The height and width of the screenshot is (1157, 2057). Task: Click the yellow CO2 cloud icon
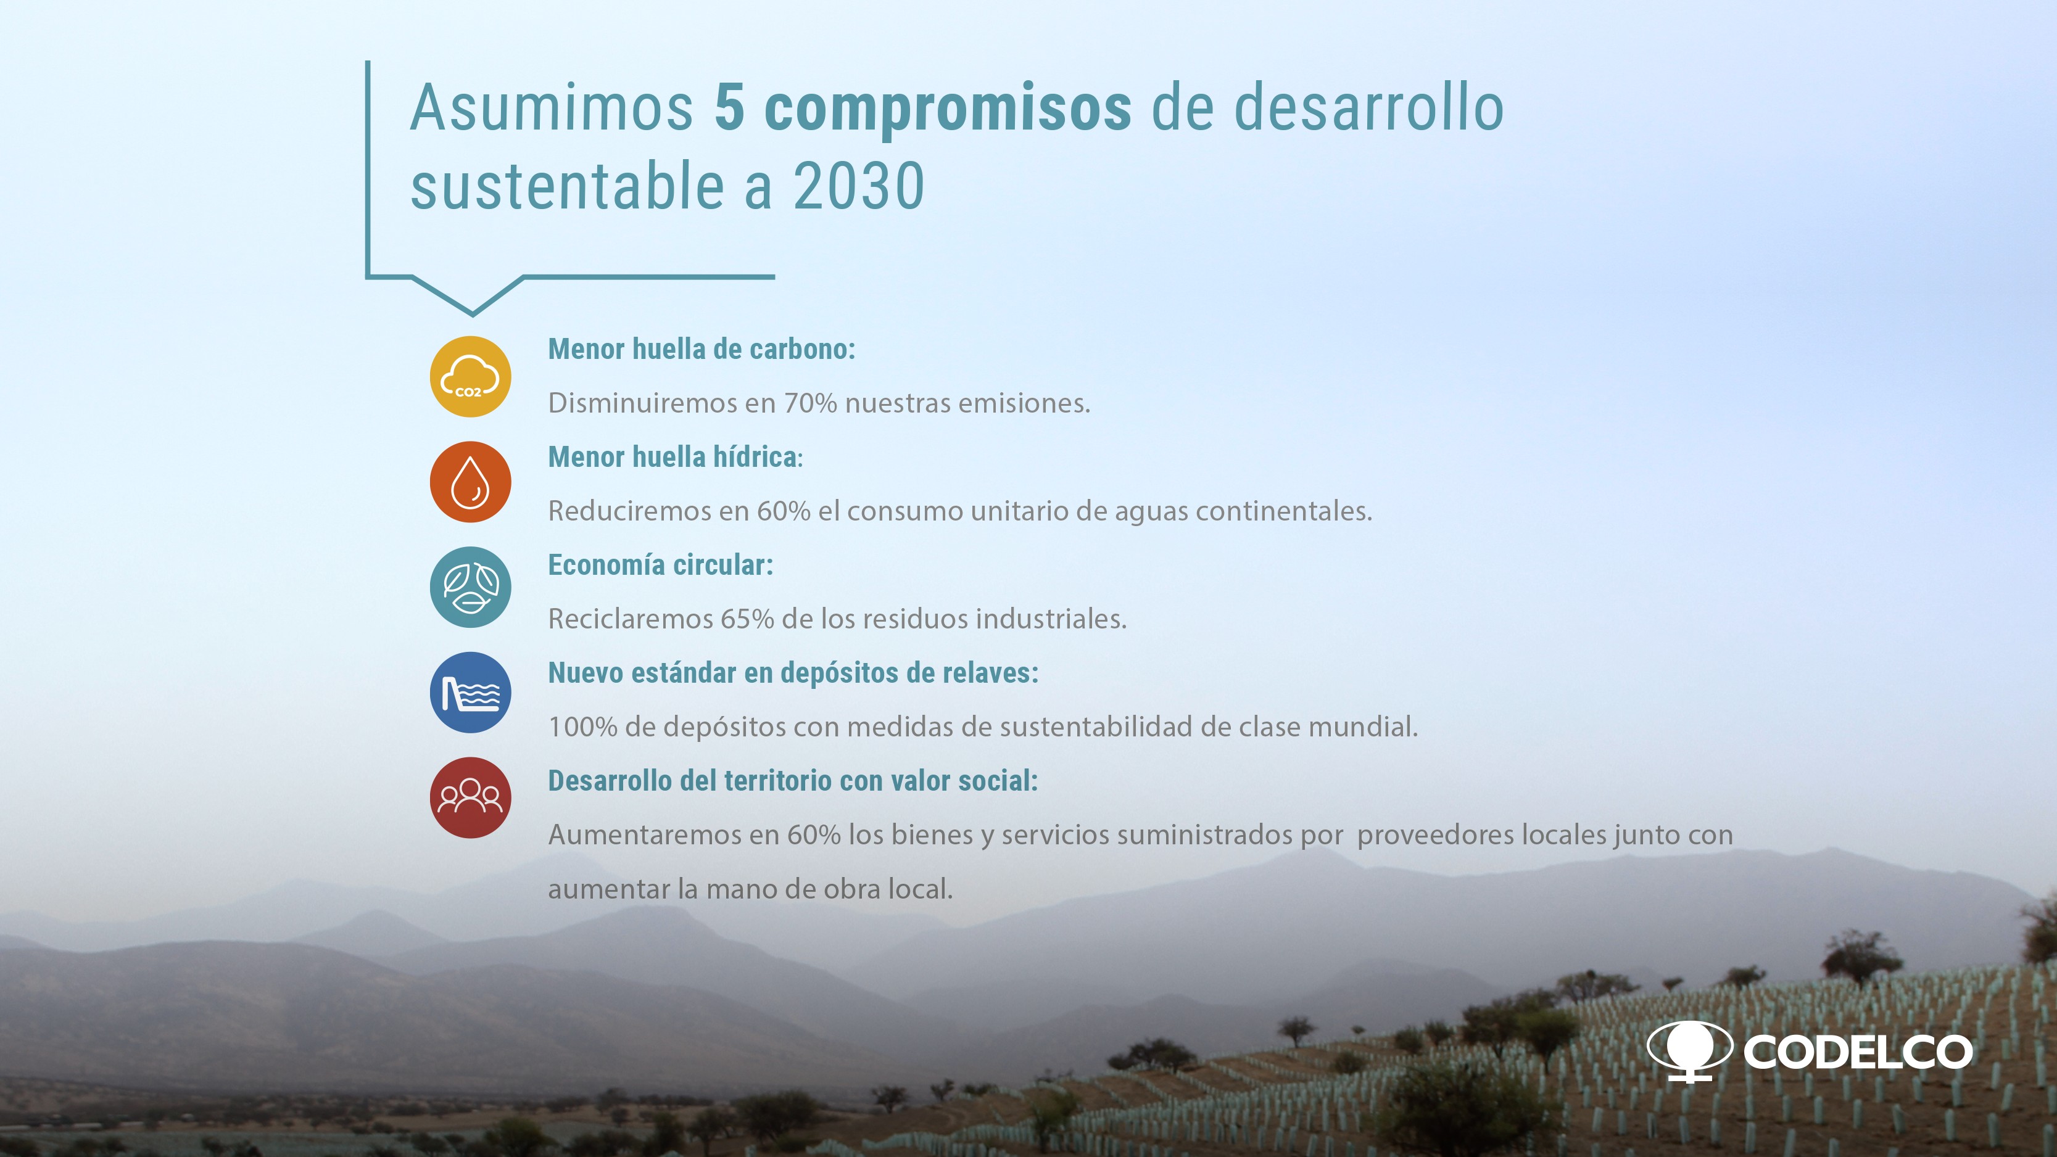point(470,376)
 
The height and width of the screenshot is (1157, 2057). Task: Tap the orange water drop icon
point(470,482)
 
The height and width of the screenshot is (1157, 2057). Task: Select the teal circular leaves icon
point(470,587)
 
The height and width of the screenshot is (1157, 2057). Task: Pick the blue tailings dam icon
point(470,692)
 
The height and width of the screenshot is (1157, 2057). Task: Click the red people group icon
point(470,797)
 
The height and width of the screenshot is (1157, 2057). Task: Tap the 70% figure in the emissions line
point(811,403)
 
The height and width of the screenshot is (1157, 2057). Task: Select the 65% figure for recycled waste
point(747,619)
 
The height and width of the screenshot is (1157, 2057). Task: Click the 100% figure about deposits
point(583,727)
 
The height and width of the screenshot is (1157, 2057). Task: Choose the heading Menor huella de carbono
point(701,350)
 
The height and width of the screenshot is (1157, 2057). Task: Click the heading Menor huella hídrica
point(676,458)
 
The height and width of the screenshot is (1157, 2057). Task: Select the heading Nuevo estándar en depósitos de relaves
point(793,673)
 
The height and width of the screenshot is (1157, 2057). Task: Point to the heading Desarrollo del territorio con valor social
point(793,781)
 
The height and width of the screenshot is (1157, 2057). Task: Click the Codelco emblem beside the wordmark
point(1690,1051)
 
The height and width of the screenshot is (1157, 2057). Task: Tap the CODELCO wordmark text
point(1857,1052)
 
